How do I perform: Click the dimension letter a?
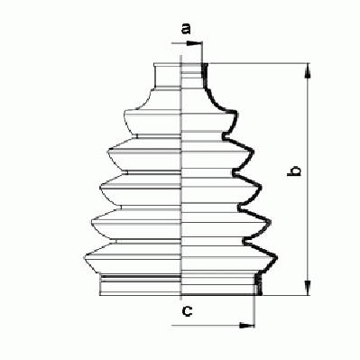pos(186,29)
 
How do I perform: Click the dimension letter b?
pos(294,171)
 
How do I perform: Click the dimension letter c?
pos(188,311)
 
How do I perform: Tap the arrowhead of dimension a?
pos(194,43)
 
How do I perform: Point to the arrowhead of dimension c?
pos(246,325)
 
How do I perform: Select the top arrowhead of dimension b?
pos(308,71)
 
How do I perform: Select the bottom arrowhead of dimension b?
pos(308,288)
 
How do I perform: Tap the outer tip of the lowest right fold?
pos(277,258)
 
